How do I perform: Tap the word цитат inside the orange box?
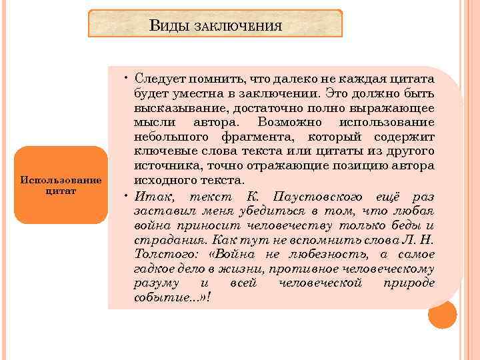tap(61, 191)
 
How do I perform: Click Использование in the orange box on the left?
tap(61, 181)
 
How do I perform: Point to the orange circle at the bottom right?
tap(443, 315)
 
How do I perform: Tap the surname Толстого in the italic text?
tap(164, 255)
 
